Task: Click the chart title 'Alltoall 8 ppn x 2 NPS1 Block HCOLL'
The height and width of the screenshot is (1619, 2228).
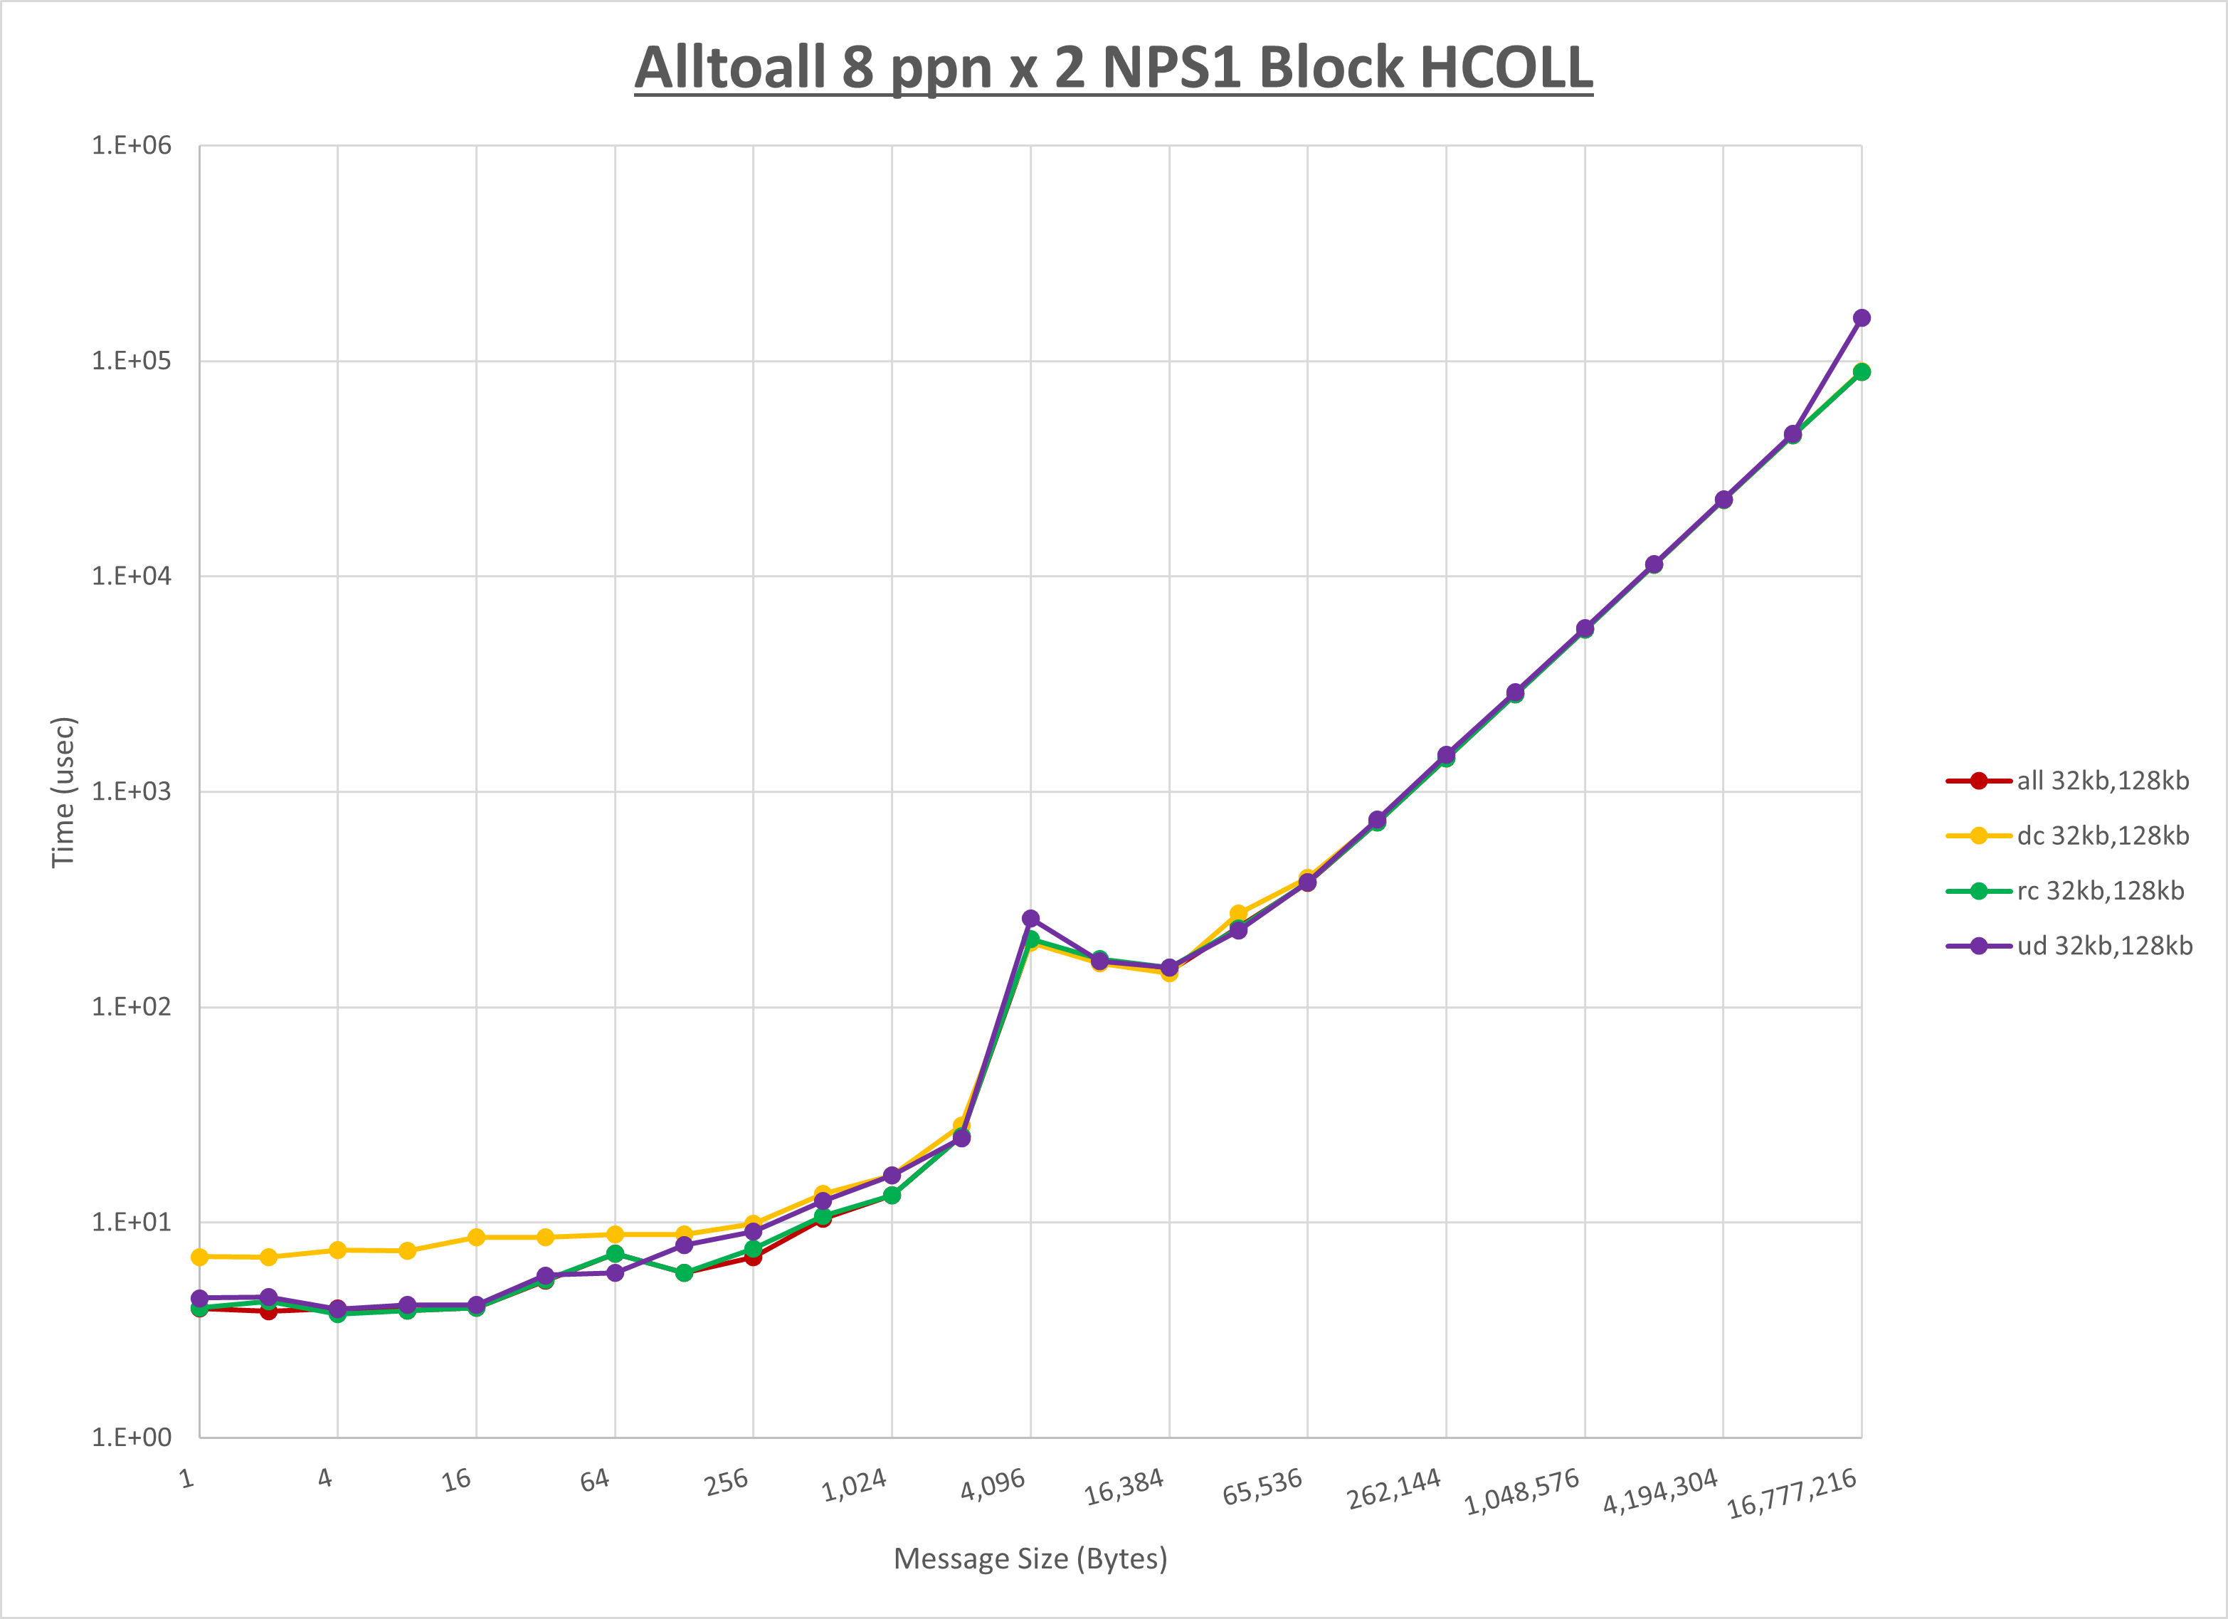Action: [1113, 67]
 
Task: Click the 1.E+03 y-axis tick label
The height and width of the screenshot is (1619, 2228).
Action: [132, 792]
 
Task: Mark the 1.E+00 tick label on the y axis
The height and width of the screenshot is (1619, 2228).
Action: [132, 1438]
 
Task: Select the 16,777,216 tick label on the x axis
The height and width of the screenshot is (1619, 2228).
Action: [1792, 1493]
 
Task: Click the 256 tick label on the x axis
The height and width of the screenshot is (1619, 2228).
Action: [727, 1482]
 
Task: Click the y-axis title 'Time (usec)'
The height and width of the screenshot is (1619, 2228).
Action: [64, 792]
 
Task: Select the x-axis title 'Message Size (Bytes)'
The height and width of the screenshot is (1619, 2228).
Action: [1030, 1559]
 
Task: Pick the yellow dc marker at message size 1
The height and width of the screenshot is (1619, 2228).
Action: [199, 1257]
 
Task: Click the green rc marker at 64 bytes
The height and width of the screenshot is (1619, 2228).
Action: [615, 1253]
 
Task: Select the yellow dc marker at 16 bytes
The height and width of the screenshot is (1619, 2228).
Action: [477, 1238]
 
